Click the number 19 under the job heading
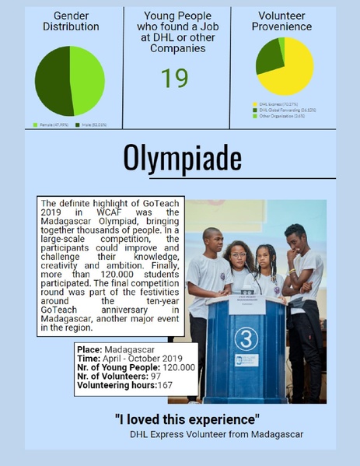point(175,78)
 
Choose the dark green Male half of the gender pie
point(53,81)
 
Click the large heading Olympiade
point(182,158)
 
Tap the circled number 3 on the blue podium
point(246,339)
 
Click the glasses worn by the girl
point(239,256)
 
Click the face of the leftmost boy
point(212,242)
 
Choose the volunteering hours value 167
point(164,384)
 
